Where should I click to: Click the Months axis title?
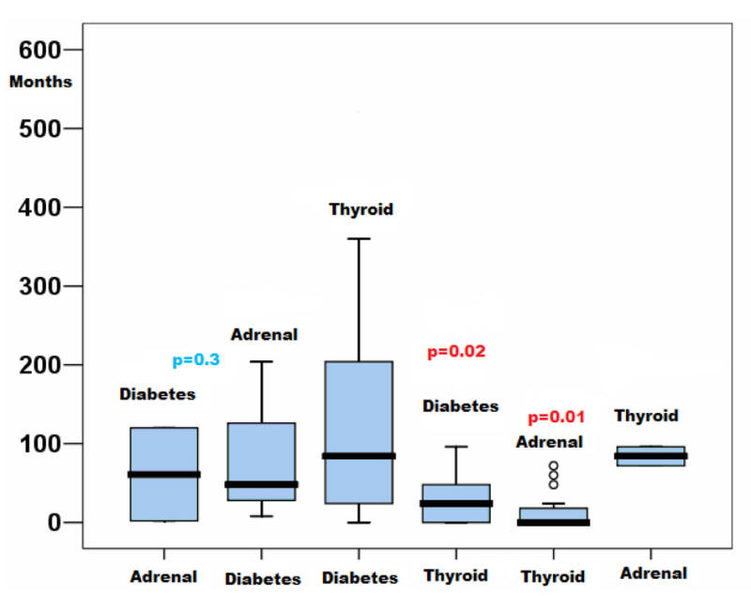pyautogui.click(x=40, y=82)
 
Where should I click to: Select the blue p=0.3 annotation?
pyautogui.click(x=195, y=359)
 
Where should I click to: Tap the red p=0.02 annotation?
pyautogui.click(x=456, y=352)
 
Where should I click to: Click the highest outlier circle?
pyautogui.click(x=554, y=466)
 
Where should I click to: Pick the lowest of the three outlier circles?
pyautogui.click(x=554, y=484)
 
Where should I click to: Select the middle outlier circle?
pyautogui.click(x=554, y=475)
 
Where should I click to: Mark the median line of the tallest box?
pyautogui.click(x=358, y=456)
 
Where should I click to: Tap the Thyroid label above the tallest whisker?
pyautogui.click(x=360, y=209)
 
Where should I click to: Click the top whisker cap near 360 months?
pyautogui.click(x=358, y=239)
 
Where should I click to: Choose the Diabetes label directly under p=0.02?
pyautogui.click(x=460, y=406)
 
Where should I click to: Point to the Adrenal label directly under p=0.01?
pyautogui.click(x=549, y=442)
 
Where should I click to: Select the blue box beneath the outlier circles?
pyautogui.click(x=554, y=513)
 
